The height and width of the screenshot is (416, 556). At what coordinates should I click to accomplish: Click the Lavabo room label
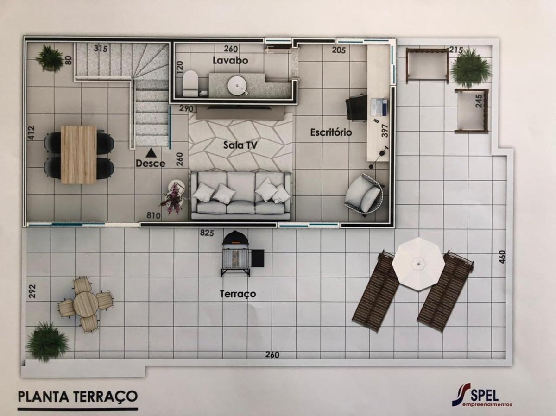(230, 61)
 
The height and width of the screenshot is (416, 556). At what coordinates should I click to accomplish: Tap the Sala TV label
(240, 145)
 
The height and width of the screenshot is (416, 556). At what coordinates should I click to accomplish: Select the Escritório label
(331, 132)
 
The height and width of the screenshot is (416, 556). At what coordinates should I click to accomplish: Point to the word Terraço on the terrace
(238, 294)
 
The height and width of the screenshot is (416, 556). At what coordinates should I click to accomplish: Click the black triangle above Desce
(151, 153)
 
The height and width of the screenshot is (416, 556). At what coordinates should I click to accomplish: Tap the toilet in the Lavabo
(190, 83)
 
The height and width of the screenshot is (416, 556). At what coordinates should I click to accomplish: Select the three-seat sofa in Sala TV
(240, 195)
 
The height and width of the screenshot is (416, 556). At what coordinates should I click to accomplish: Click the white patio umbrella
(418, 264)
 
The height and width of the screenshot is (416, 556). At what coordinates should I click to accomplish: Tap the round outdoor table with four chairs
(86, 303)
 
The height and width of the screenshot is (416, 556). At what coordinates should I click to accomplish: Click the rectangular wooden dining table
(78, 154)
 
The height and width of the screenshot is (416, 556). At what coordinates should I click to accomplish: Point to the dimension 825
(207, 233)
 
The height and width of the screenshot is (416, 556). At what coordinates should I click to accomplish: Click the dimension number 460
(503, 257)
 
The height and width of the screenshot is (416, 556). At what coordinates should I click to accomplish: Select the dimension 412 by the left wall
(32, 133)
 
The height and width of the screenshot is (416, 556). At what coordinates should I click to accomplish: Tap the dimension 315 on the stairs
(101, 48)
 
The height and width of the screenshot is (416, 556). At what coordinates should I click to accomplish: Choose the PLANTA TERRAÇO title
(77, 397)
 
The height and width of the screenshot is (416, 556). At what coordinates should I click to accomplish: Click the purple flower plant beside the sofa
(173, 198)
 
